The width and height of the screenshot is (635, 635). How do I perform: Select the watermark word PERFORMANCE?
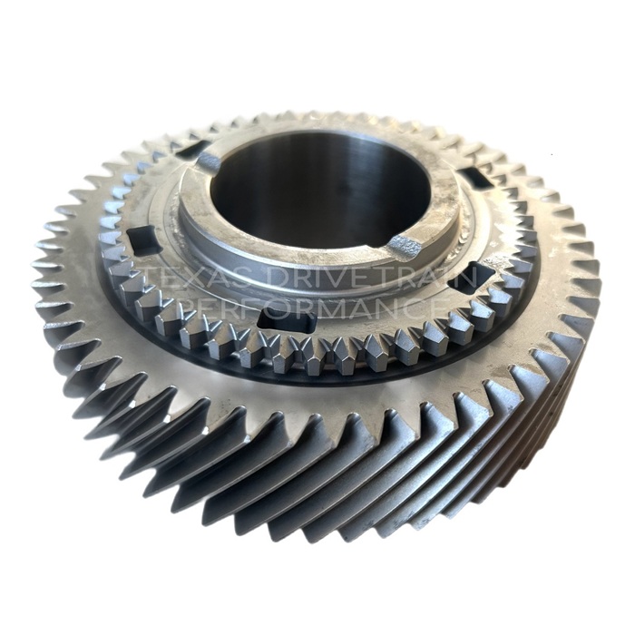click(x=310, y=308)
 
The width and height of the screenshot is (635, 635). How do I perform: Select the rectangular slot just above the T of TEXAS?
click(x=142, y=238)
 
